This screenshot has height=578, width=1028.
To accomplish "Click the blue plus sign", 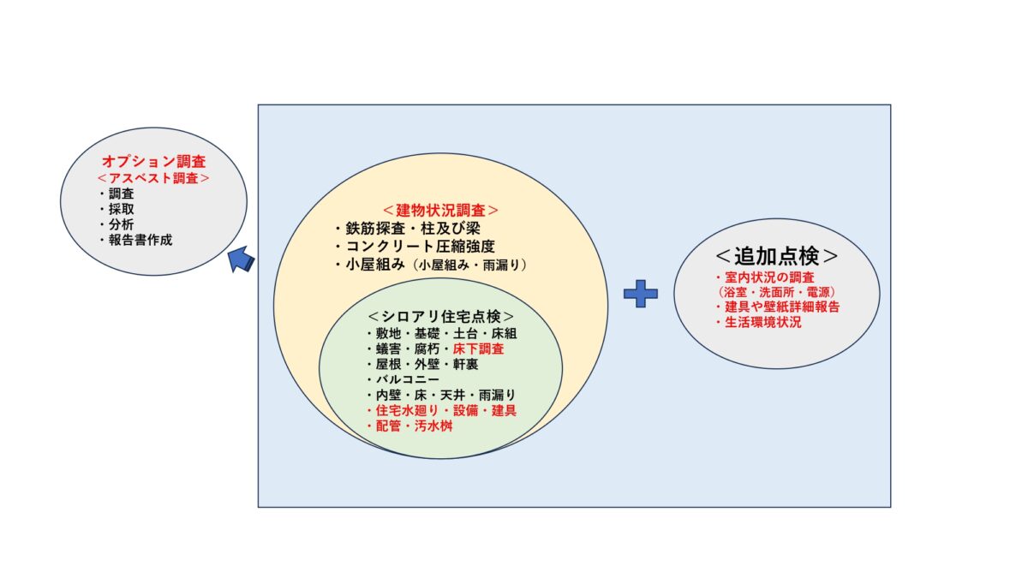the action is tap(641, 294).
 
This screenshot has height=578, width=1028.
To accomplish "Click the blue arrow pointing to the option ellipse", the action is tap(241, 259).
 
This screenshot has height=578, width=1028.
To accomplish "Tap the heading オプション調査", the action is tap(153, 162).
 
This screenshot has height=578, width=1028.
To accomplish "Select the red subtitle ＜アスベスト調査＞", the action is tap(153, 178).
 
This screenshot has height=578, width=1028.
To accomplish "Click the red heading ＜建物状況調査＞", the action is tap(440, 211).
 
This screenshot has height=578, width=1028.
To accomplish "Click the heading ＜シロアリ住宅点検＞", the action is tap(441, 317).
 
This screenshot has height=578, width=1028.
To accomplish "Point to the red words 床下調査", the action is tap(479, 349).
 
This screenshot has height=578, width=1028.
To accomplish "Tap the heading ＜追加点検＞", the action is tap(777, 256).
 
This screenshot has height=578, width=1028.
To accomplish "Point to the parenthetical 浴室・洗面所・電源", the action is tap(776, 292).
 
